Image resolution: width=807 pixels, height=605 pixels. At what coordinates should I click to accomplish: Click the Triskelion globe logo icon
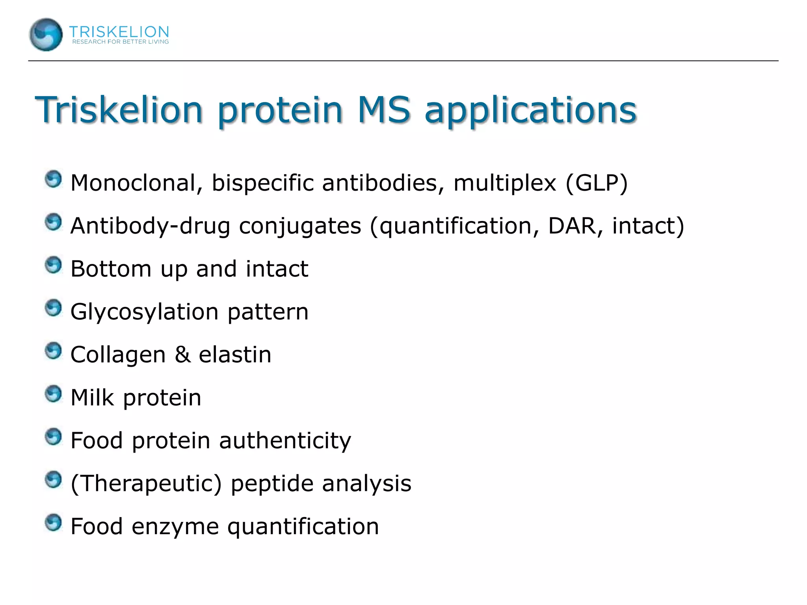46,35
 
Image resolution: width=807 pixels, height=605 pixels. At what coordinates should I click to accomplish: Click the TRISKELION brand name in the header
119,32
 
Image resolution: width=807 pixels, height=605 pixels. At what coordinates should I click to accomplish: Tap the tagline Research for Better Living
120,42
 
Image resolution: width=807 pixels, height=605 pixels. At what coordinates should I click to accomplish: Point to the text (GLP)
596,183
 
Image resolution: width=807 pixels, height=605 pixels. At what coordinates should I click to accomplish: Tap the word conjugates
300,227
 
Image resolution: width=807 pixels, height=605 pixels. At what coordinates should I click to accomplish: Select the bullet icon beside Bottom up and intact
53,265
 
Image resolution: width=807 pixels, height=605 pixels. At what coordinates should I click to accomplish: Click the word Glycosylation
144,312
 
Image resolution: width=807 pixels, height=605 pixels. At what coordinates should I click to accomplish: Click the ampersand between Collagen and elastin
182,354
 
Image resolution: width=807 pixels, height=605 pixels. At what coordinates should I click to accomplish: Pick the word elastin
235,354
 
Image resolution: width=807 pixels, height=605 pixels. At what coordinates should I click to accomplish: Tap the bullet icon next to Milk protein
53,394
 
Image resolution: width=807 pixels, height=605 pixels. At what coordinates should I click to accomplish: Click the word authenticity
284,441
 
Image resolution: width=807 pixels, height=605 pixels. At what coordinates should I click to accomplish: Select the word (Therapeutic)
146,484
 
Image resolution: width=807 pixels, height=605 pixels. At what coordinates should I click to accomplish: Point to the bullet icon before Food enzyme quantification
53,523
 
